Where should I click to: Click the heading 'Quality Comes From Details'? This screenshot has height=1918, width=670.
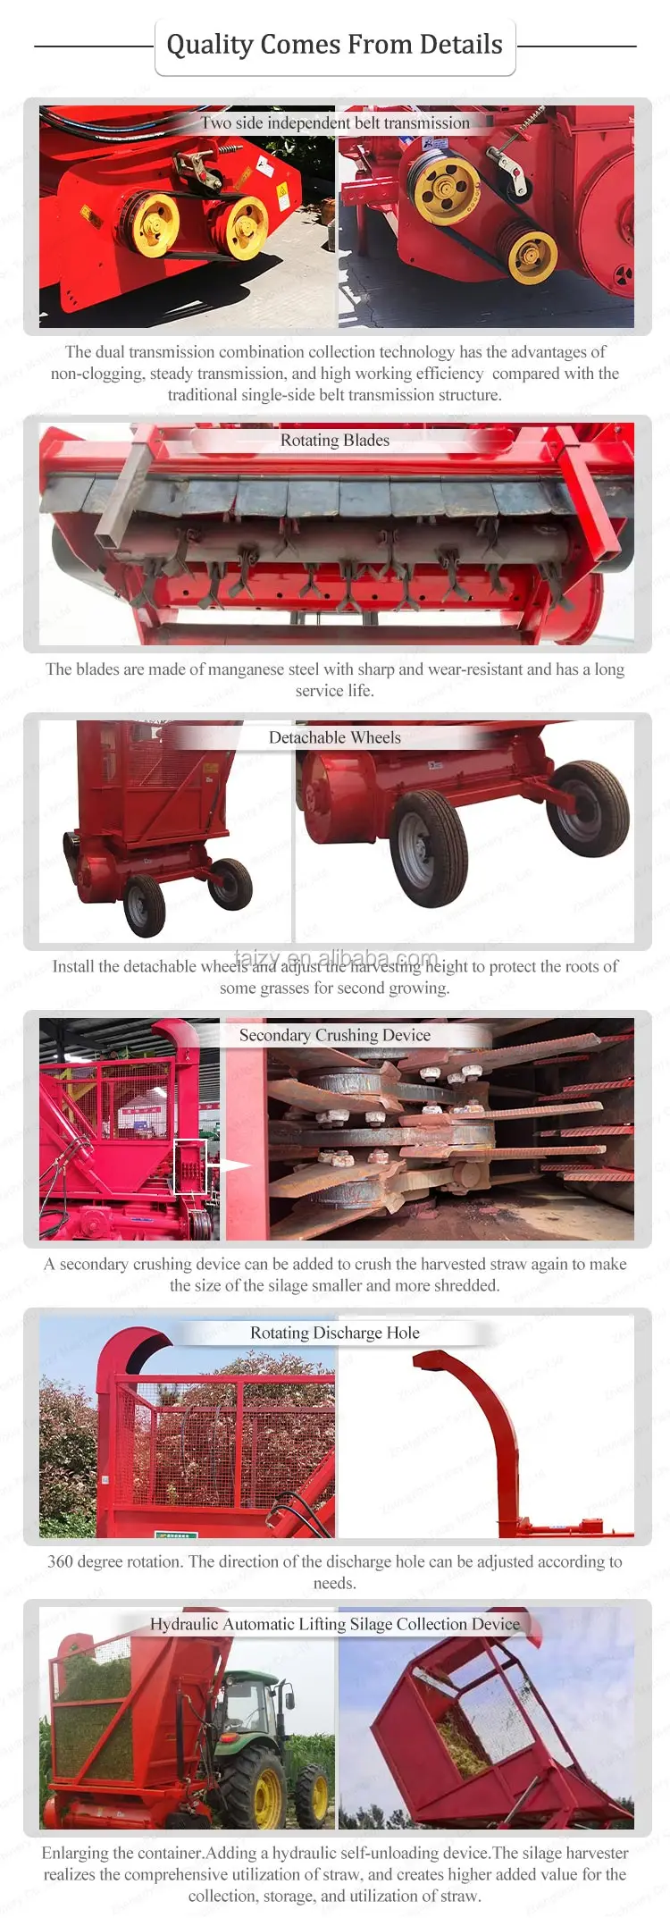tap(334, 45)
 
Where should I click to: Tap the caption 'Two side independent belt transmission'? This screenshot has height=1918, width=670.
tap(335, 123)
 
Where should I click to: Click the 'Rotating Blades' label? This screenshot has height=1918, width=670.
tap(335, 441)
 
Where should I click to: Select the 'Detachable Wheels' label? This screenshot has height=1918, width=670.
tap(335, 738)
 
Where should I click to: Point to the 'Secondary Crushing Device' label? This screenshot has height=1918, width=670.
tap(335, 1036)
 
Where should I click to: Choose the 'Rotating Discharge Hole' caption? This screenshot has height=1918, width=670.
tap(335, 1333)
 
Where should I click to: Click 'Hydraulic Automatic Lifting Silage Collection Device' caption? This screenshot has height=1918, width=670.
tap(335, 1624)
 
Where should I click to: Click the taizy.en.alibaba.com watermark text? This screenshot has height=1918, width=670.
tap(336, 957)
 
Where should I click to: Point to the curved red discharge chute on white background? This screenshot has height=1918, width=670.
tap(482, 1412)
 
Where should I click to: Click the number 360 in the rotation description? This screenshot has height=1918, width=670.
tap(61, 1562)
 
